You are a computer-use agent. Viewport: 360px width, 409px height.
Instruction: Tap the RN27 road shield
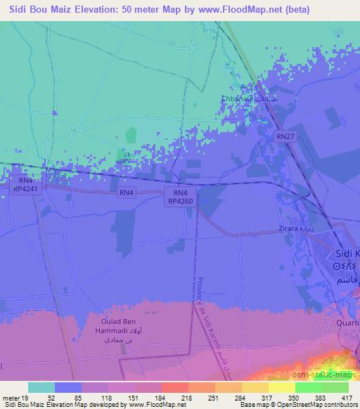coord(285,136)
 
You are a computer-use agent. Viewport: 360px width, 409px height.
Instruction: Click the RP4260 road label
coord(179,201)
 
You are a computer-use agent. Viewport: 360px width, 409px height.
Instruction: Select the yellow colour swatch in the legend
coord(282,387)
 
